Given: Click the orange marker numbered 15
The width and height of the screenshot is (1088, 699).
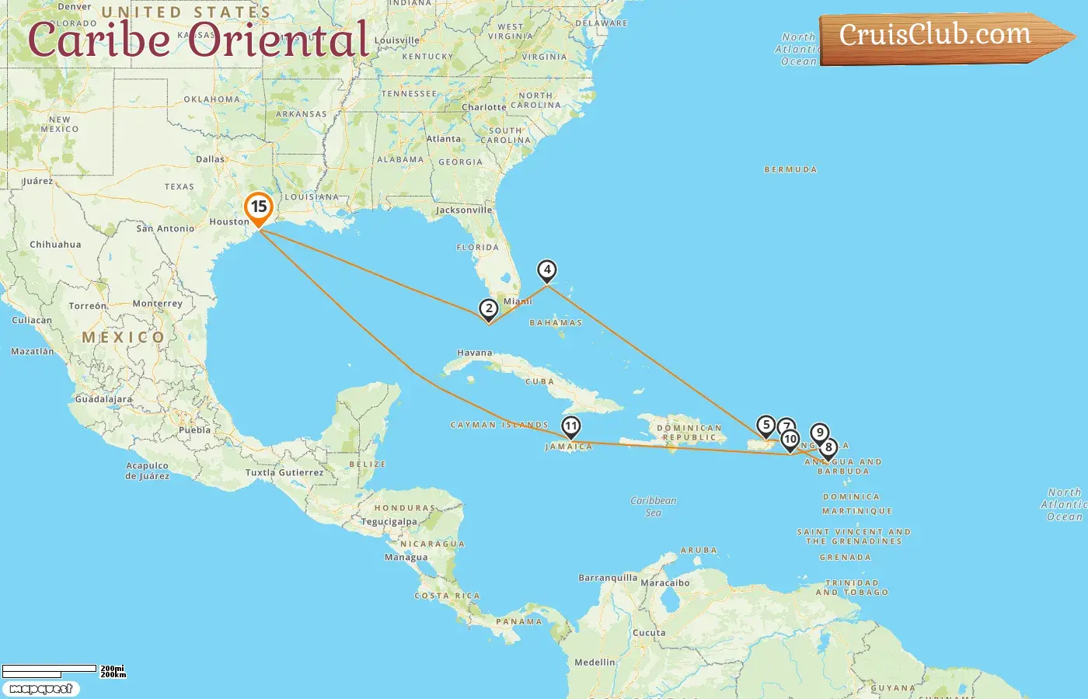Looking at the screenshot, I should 259,208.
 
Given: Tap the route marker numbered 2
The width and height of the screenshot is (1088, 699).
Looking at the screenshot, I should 488,309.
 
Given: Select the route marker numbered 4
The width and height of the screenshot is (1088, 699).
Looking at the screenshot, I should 547,270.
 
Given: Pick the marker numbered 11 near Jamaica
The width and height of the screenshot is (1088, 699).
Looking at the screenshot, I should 571,426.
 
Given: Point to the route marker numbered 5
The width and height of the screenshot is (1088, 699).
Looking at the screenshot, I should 766,425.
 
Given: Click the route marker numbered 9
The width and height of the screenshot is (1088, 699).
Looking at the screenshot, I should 819,433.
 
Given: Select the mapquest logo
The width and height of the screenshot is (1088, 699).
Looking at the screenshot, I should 40,689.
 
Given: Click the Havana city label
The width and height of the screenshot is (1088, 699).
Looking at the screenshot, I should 474,353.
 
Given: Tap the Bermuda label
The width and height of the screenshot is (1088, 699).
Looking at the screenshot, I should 790,169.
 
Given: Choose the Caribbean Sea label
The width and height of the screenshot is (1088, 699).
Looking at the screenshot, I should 653,506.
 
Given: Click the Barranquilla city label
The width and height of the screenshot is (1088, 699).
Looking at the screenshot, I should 608,578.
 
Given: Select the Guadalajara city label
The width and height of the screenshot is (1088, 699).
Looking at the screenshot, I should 103,399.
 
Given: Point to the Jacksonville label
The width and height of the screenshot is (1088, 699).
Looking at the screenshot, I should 464,210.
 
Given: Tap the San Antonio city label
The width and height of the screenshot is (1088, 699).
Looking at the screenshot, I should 166,228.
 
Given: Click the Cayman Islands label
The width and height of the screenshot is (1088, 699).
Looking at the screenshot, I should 499,425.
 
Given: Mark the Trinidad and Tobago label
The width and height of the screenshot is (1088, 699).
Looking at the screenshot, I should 852,587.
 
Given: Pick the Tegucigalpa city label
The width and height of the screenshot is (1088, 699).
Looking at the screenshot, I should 389,522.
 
